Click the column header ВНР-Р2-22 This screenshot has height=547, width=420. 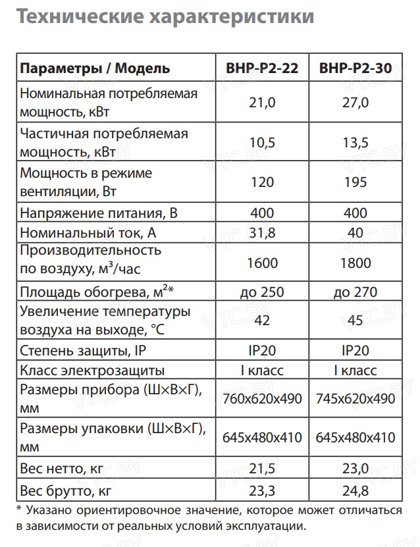coord(262,68)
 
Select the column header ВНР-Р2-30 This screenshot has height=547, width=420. coord(356,68)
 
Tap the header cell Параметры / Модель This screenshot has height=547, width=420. coord(95,68)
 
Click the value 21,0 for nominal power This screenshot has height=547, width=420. coord(262,103)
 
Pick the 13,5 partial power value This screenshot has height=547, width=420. coord(356,143)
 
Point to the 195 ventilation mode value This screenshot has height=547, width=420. coord(356,182)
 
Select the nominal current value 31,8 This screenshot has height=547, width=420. coord(262,233)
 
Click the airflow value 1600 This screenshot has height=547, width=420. coord(262,263)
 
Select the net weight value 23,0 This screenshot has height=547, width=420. coord(356,469)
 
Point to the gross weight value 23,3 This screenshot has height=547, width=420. coord(262,490)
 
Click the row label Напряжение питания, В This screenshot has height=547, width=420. coord(99,213)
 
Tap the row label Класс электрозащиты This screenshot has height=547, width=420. coord(92,370)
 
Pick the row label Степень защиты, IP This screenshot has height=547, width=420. coord(82,350)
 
